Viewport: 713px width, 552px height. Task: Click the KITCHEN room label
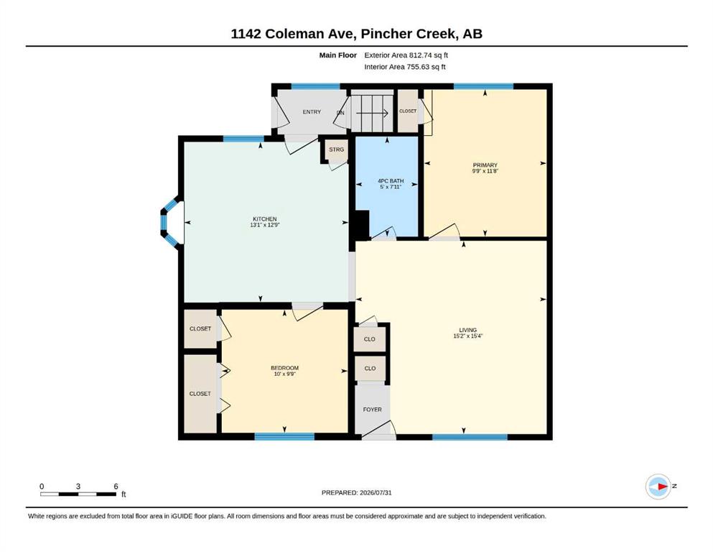[265, 219]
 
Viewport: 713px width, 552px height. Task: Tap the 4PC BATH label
[391, 180]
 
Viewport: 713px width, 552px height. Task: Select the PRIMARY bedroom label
[485, 165]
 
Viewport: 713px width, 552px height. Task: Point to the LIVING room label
[468, 330]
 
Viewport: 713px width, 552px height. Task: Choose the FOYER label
[373, 410]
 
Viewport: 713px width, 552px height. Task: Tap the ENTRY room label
[312, 112]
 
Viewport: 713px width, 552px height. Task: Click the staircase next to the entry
[372, 111]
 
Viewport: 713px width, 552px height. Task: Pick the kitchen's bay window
[171, 222]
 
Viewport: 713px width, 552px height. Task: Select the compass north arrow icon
[658, 487]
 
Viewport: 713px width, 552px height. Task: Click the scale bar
[78, 494]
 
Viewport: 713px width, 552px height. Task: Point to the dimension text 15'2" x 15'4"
[468, 336]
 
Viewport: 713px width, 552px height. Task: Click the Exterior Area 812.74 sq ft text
[406, 55]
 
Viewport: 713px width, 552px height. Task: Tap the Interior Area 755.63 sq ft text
[405, 67]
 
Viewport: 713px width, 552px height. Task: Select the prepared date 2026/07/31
[376, 492]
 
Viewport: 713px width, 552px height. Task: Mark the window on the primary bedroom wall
[483, 86]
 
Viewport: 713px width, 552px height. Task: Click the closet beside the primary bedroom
[408, 111]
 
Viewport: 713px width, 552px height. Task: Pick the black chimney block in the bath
[362, 225]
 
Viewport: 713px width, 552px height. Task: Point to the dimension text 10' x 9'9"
[284, 374]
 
